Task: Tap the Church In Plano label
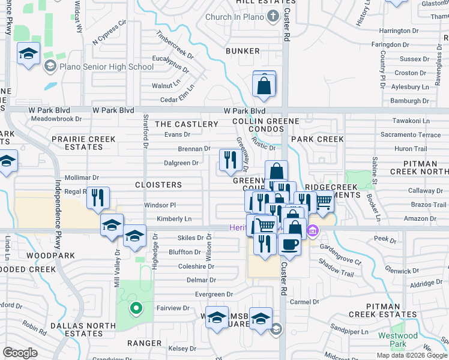[235, 17]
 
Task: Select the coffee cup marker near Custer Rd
[290, 245]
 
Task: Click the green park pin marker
[136, 309]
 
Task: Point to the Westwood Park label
[398, 340]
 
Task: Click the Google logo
[20, 353]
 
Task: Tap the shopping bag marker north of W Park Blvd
[264, 85]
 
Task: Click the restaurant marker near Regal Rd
[98, 198]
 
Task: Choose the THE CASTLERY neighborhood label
[187, 124]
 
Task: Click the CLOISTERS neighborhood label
[158, 185]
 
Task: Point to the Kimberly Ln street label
[174, 219]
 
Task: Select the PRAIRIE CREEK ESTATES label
[83, 143]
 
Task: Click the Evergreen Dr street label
[214, 295]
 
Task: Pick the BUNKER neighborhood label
[243, 52]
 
